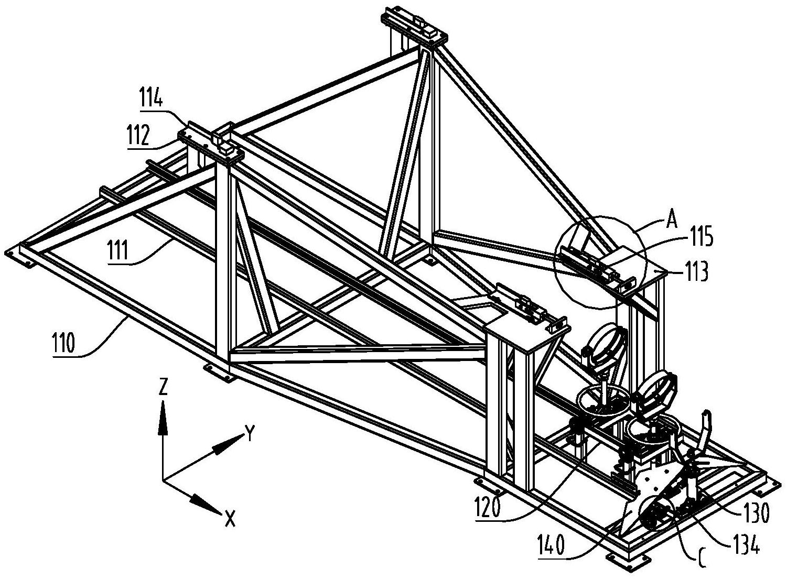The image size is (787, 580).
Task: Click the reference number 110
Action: (63, 342)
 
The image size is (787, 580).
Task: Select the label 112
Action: (139, 136)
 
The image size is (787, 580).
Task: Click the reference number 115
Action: (701, 238)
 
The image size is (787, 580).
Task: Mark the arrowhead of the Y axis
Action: (228, 444)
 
